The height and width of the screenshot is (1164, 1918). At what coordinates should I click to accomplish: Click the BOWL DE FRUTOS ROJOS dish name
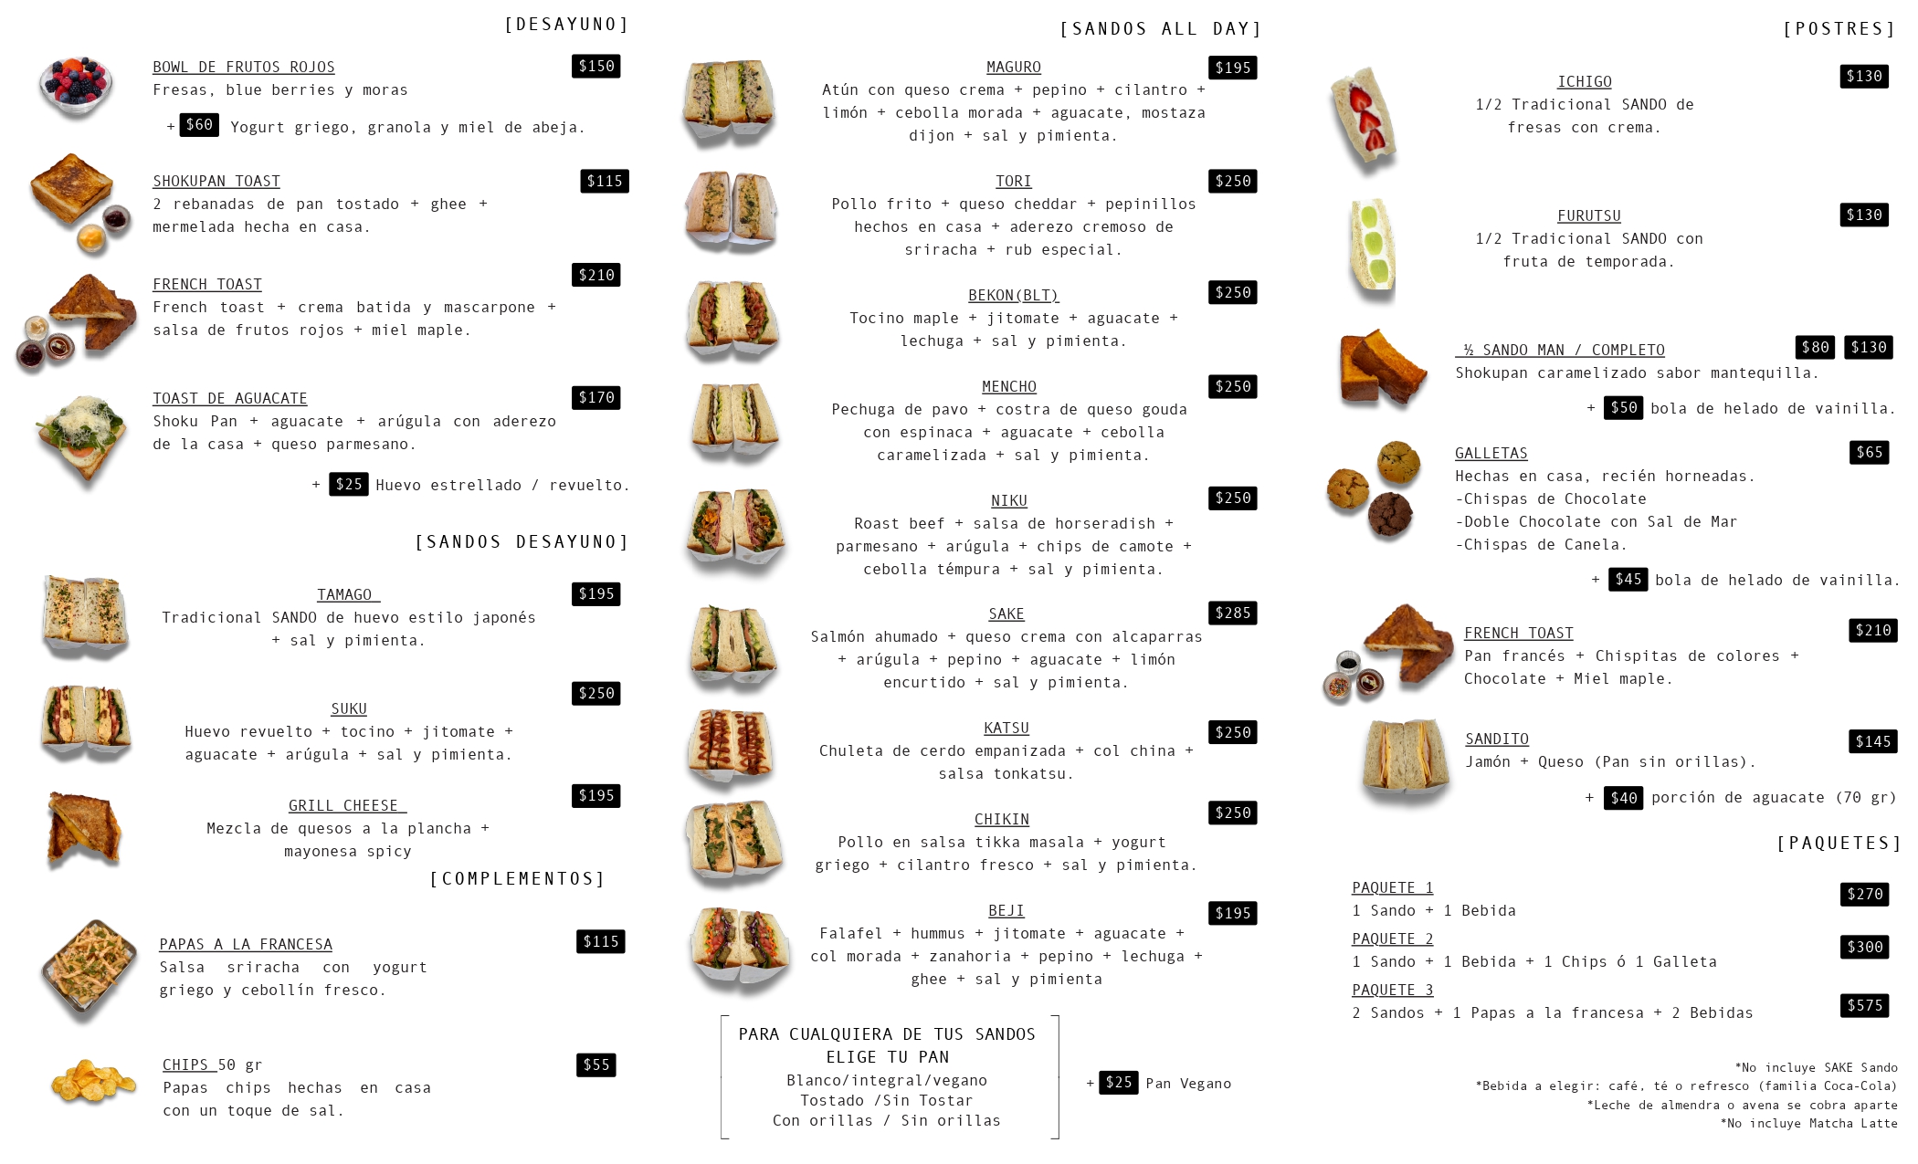(x=243, y=67)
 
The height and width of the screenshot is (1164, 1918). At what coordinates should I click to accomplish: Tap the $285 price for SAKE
(x=1232, y=613)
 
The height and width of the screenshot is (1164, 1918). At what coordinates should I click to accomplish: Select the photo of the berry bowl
(x=76, y=86)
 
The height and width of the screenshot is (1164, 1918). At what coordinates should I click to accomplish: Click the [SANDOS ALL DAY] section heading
(x=1160, y=29)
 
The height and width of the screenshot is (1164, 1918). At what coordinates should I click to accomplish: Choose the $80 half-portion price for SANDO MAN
(x=1815, y=347)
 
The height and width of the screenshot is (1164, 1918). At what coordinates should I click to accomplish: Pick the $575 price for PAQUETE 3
(x=1864, y=1005)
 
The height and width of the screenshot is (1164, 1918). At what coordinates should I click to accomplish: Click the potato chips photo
(x=93, y=1082)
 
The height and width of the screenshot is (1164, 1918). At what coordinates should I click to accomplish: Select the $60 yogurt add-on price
(x=199, y=124)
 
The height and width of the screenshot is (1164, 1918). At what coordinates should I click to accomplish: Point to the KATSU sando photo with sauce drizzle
(x=731, y=747)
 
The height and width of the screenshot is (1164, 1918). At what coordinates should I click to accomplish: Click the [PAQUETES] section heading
(x=1838, y=843)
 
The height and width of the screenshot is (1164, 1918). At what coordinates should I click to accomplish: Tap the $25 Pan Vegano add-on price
(x=1118, y=1082)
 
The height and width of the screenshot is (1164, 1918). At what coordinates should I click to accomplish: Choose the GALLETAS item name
(x=1491, y=453)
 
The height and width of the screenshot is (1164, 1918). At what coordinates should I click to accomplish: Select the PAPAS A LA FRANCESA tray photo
(x=89, y=970)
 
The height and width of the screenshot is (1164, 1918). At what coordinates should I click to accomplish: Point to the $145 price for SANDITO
(x=1872, y=741)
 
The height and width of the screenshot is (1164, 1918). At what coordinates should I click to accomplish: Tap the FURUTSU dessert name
(x=1589, y=215)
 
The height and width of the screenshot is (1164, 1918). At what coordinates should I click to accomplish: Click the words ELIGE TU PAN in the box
(x=888, y=1056)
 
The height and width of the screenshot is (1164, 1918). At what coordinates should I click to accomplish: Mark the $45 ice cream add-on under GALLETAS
(x=1628, y=579)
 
